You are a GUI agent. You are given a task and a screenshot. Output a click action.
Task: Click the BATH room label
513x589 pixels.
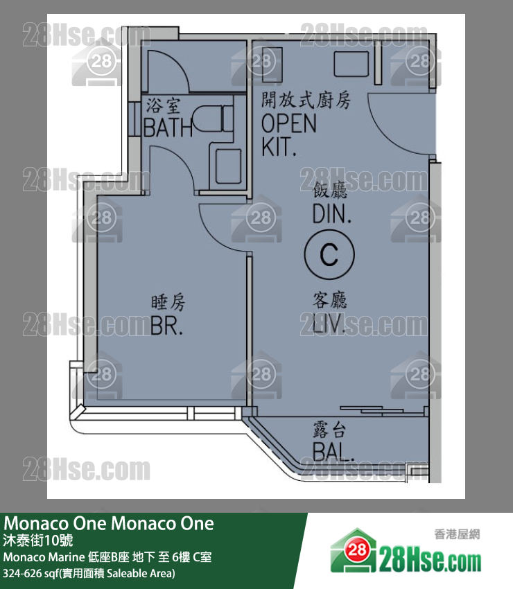tap(168, 127)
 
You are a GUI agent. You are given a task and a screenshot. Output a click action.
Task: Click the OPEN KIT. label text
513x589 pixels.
tap(288, 134)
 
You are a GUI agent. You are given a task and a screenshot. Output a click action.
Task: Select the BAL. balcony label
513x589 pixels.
tap(333, 452)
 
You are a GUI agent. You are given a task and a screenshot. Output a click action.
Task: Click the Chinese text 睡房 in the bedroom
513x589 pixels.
tap(168, 302)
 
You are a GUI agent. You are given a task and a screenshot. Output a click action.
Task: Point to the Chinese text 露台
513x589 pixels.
tap(329, 430)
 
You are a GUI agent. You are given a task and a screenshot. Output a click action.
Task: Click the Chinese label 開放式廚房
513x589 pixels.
tap(306, 100)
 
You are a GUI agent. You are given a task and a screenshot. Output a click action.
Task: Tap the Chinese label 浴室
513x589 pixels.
tap(164, 106)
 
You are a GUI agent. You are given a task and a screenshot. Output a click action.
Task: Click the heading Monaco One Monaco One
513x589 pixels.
tap(110, 523)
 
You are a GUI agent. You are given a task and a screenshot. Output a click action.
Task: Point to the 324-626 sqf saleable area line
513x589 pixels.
tap(89, 574)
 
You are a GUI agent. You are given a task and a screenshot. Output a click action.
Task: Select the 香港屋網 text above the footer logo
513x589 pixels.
tap(457, 534)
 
